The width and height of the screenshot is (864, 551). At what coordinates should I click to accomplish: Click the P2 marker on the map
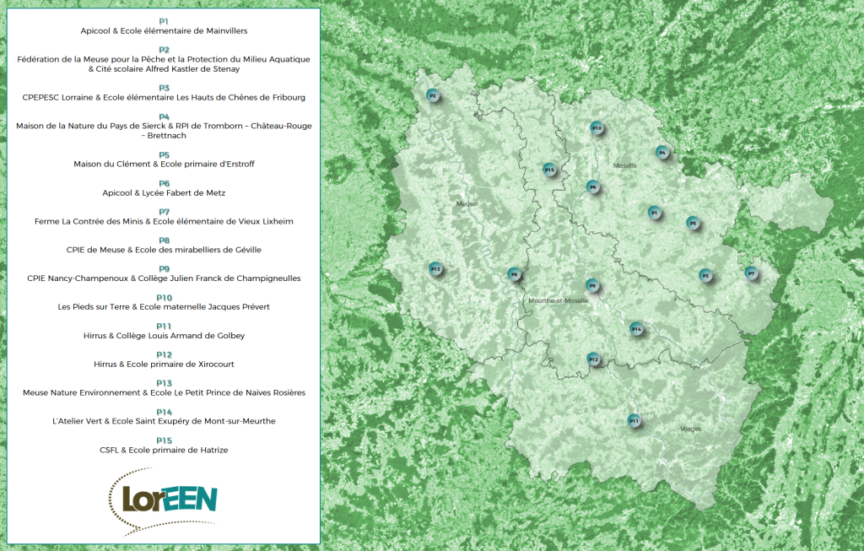click(433, 96)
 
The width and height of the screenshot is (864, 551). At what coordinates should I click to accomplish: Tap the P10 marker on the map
click(597, 128)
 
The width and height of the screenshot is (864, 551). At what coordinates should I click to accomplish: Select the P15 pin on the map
click(549, 170)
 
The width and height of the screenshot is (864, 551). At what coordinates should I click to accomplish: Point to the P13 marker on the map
click(435, 269)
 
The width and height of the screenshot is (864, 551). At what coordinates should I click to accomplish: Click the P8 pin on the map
click(513, 274)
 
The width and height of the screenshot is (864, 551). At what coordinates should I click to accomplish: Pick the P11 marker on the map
click(634, 420)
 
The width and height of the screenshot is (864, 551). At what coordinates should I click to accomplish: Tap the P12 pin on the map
click(593, 359)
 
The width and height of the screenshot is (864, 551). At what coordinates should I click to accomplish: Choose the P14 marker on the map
click(636, 328)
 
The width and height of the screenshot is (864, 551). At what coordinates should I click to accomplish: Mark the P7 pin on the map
click(751, 273)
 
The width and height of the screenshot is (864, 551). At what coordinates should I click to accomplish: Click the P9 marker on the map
click(592, 286)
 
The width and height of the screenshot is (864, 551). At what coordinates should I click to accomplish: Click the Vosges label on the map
click(690, 429)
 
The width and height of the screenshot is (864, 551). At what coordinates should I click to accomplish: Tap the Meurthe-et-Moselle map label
click(558, 300)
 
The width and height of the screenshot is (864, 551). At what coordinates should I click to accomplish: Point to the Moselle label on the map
click(625, 165)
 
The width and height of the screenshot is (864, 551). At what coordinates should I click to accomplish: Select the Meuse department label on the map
click(467, 203)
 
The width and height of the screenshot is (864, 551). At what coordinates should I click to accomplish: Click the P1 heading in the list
click(164, 20)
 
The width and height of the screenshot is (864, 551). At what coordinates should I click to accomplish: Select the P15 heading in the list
click(164, 440)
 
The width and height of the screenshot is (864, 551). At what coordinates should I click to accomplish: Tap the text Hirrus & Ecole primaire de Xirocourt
click(164, 365)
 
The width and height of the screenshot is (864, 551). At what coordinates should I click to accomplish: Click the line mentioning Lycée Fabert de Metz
click(164, 193)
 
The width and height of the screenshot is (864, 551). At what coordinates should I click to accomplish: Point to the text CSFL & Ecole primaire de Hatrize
click(164, 451)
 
